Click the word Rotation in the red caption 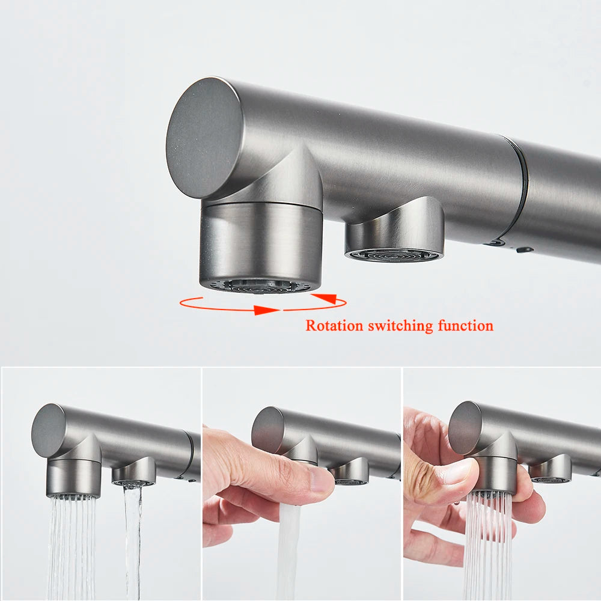click(x=334, y=326)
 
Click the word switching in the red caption click(x=400, y=326)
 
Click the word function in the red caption click(x=466, y=326)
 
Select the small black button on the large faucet click(x=524, y=249)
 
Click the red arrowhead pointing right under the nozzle click(x=266, y=310)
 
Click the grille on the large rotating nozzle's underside click(x=261, y=286)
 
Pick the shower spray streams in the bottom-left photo click(x=72, y=546)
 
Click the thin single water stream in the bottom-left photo click(x=132, y=542)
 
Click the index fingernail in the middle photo click(x=322, y=479)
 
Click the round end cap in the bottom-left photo click(x=49, y=430)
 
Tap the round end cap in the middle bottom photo click(x=268, y=430)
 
